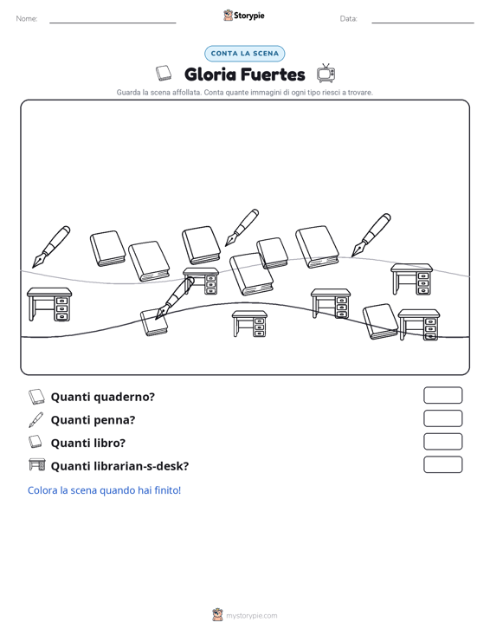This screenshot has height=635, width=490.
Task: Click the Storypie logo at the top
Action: [x=244, y=16]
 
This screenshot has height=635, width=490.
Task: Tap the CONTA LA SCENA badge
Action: [x=244, y=54]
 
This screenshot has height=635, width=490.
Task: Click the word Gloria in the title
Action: [x=210, y=75]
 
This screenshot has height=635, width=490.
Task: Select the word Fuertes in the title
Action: [x=273, y=75]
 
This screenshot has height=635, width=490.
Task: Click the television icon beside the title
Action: [x=326, y=74]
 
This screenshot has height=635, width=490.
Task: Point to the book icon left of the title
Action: [x=164, y=73]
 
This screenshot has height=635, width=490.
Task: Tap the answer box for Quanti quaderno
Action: [x=442, y=395]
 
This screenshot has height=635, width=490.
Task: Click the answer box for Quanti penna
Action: [x=442, y=418]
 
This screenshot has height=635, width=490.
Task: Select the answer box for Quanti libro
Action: [x=442, y=442]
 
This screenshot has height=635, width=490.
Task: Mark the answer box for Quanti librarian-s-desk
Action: [x=442, y=464]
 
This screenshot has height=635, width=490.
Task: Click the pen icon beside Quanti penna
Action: [x=36, y=420]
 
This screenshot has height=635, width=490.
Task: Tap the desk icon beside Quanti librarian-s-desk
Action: [x=37, y=464]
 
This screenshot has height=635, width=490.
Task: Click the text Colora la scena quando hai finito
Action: [x=104, y=490]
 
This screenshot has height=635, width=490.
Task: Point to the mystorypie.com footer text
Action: [x=251, y=616]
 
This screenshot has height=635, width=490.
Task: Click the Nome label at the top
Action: [x=27, y=19]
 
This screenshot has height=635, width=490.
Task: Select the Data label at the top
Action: [x=348, y=19]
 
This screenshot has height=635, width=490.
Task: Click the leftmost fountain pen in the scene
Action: [x=51, y=247]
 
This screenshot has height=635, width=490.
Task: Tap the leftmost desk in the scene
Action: [x=49, y=304]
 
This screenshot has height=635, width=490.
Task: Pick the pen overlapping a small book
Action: [x=175, y=299]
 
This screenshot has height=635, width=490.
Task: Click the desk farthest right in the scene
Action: [x=419, y=325]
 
